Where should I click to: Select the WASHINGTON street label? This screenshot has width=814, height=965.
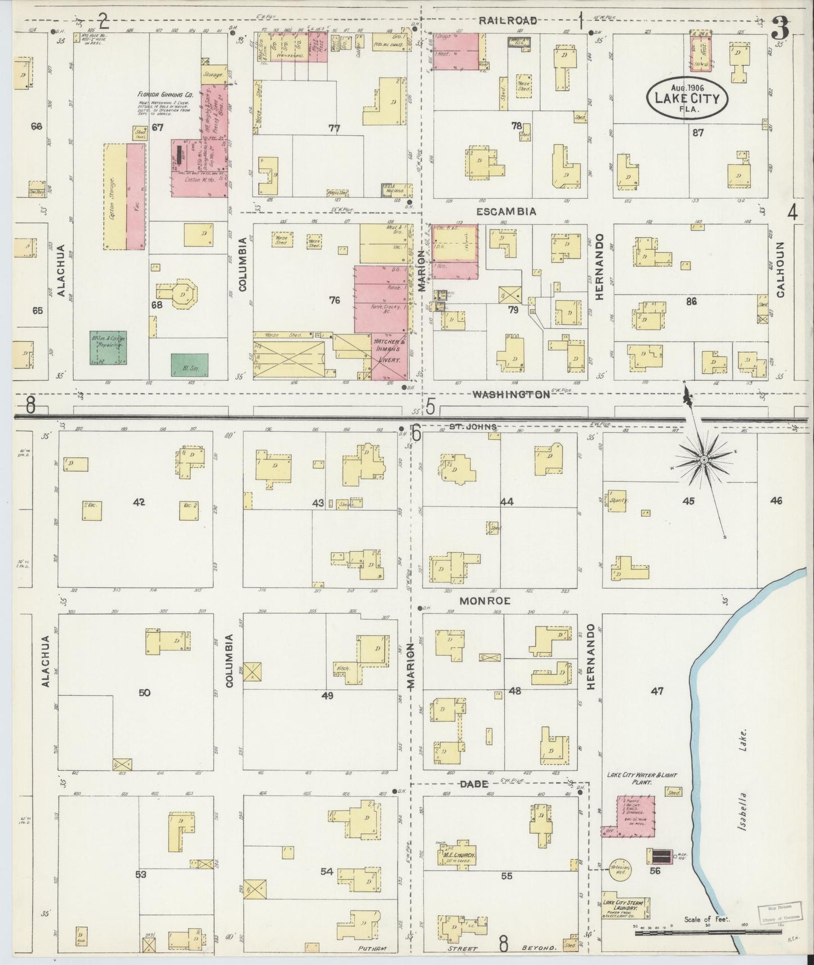[510, 395]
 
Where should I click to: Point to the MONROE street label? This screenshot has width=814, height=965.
[484, 601]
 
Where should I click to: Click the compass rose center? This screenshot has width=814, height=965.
[704, 461]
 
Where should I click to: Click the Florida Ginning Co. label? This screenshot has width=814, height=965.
[166, 95]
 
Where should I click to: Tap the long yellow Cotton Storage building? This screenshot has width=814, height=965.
[116, 196]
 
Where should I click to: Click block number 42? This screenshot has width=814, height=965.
[139, 502]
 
